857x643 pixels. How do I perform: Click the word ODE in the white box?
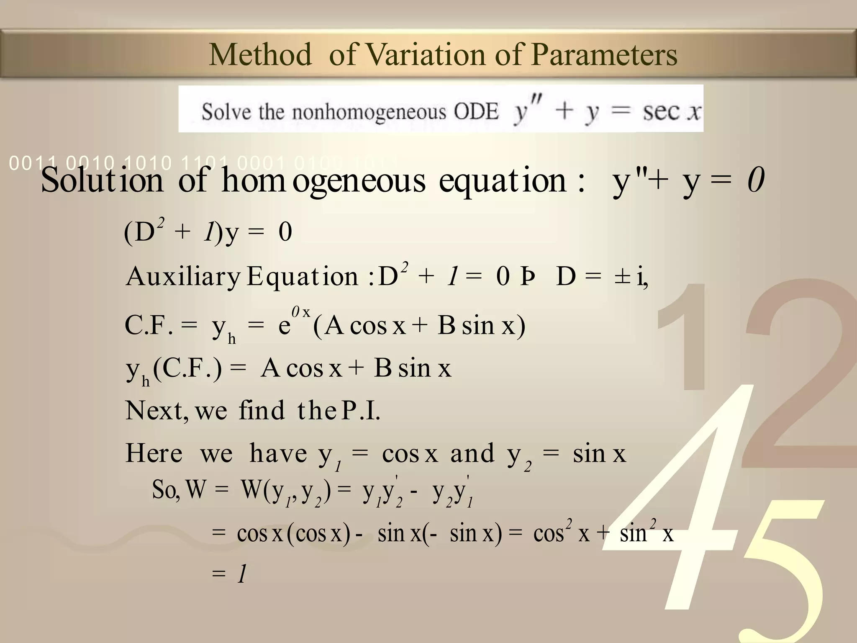tap(476, 112)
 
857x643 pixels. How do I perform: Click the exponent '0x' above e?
tap(301, 312)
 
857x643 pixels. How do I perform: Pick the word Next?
tap(154, 411)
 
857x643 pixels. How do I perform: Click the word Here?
tap(154, 453)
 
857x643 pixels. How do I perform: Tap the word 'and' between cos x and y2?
tap(472, 453)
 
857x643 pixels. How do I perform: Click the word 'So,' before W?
tap(166, 489)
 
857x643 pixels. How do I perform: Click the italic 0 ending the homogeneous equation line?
tap(756, 180)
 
